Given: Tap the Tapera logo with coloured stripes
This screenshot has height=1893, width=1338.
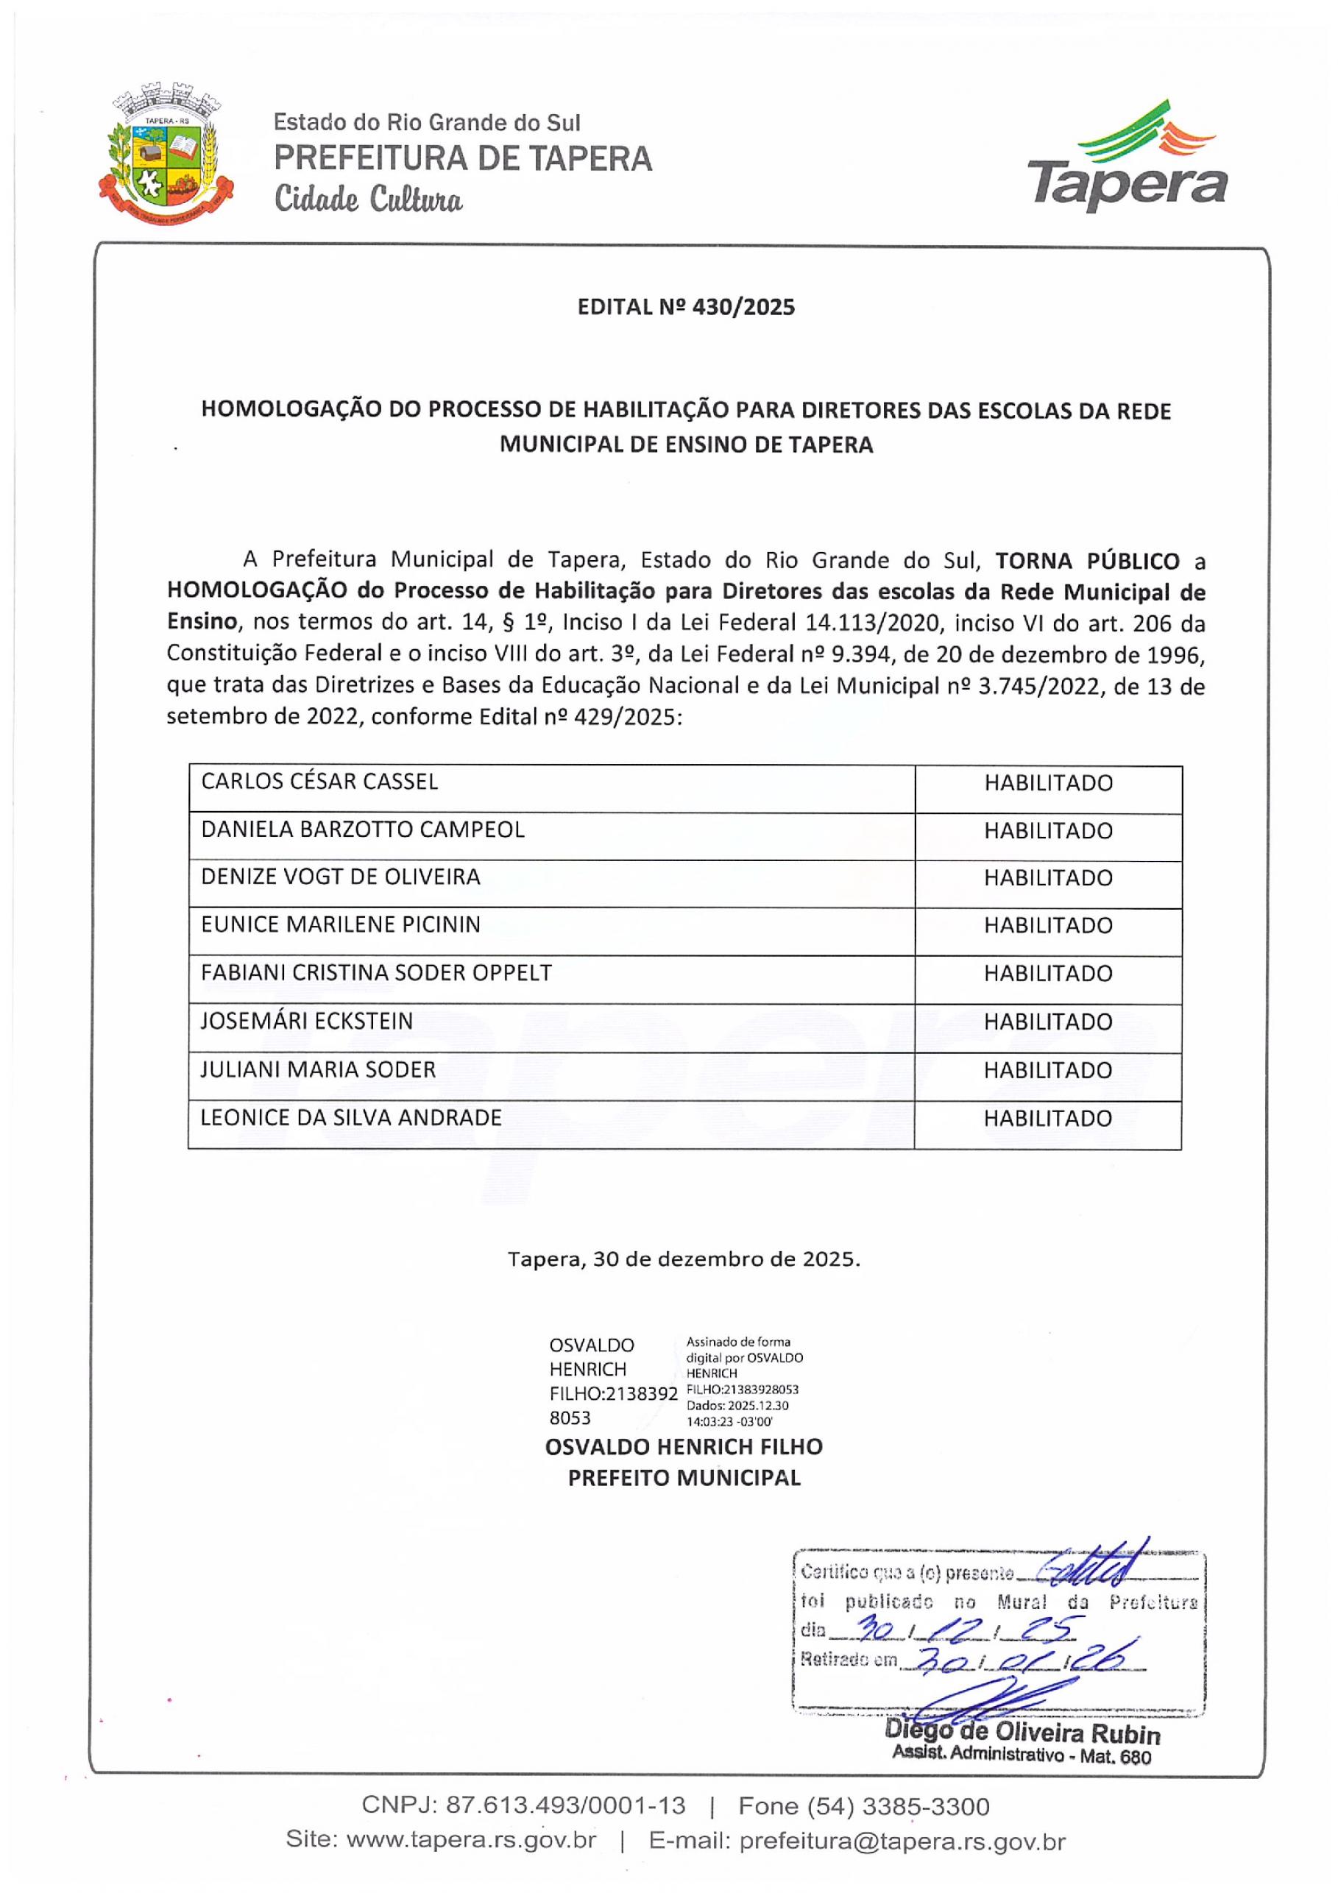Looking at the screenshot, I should point(1126,157).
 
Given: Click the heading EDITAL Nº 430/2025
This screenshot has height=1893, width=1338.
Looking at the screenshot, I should point(686,308).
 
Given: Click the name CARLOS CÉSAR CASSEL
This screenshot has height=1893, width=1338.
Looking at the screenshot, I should point(320,782).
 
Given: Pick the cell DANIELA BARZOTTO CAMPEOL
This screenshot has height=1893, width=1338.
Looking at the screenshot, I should point(363,829).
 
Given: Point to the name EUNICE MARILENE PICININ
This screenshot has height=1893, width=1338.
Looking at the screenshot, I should point(341,925).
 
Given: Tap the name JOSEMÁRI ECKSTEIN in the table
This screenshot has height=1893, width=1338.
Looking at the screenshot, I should point(307,1022).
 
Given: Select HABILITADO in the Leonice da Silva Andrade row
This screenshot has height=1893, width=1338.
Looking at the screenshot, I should point(1048,1119).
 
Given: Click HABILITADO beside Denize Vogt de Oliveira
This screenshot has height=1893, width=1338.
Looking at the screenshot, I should point(1048,878).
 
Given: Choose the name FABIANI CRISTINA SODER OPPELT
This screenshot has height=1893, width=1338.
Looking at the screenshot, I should point(376,973).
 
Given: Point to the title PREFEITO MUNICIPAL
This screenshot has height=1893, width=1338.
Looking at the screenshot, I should point(684,1479).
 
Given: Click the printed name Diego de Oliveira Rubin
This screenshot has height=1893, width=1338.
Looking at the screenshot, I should point(1022,1733).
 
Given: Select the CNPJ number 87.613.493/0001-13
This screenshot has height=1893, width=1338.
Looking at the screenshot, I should point(564,1806).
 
